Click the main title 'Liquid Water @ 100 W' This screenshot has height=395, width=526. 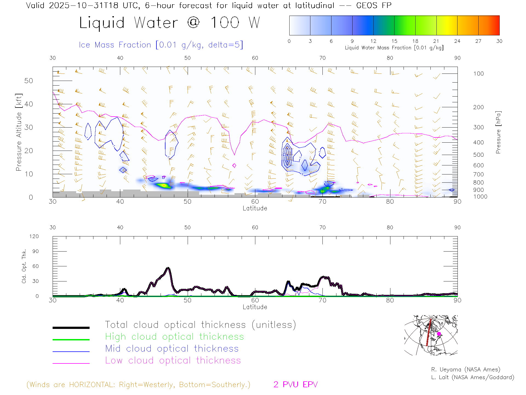169,22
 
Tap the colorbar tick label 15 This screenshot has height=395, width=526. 394,41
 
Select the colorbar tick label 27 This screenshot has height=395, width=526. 478,41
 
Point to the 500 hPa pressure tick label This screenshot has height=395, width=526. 478,155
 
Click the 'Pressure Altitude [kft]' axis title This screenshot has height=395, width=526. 19,132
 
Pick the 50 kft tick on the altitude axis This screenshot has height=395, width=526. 28,81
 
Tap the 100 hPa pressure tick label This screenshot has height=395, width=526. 478,74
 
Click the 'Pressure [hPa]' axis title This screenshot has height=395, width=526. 498,132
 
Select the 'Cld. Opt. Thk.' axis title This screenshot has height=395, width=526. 24,266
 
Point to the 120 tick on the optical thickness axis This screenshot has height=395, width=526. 34,236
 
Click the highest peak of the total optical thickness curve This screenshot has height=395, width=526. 168,268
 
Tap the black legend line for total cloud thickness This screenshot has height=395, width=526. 71,328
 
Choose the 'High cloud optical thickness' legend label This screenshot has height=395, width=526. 175,337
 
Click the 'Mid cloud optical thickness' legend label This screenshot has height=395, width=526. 172,349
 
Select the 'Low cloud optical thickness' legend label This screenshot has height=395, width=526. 173,360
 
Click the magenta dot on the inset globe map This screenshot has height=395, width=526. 439,334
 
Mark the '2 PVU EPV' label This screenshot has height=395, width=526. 295,385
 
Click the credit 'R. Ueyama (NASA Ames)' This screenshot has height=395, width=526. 465,369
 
